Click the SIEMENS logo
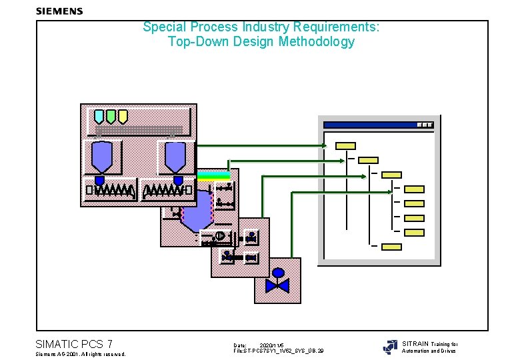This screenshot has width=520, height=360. point(59,11)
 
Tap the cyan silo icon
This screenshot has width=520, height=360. point(99,117)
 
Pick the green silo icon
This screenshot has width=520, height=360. point(111,117)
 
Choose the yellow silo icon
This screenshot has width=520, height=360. point(123,117)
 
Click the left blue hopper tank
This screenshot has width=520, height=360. point(101,157)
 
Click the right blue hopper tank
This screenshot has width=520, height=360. point(176,157)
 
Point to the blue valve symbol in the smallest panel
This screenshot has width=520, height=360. point(277,285)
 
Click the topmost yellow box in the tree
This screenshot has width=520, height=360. point(345,145)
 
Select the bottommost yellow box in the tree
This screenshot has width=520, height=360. point(391,247)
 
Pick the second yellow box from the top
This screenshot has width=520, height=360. point(368,160)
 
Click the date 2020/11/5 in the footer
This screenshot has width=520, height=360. point(272,345)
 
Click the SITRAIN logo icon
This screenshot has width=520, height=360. point(390,347)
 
